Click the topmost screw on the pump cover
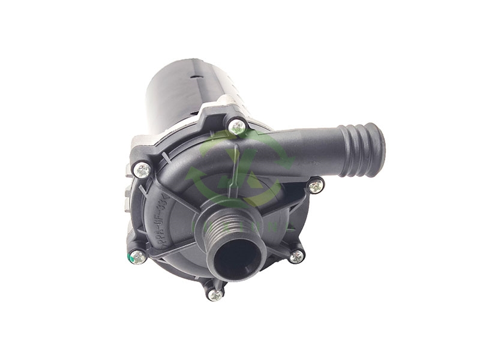pos(238,127)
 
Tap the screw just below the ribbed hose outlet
pos(316,187)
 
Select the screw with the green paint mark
pos(138,258)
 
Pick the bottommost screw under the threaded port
pos(215,294)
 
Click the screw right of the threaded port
pos(296,256)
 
